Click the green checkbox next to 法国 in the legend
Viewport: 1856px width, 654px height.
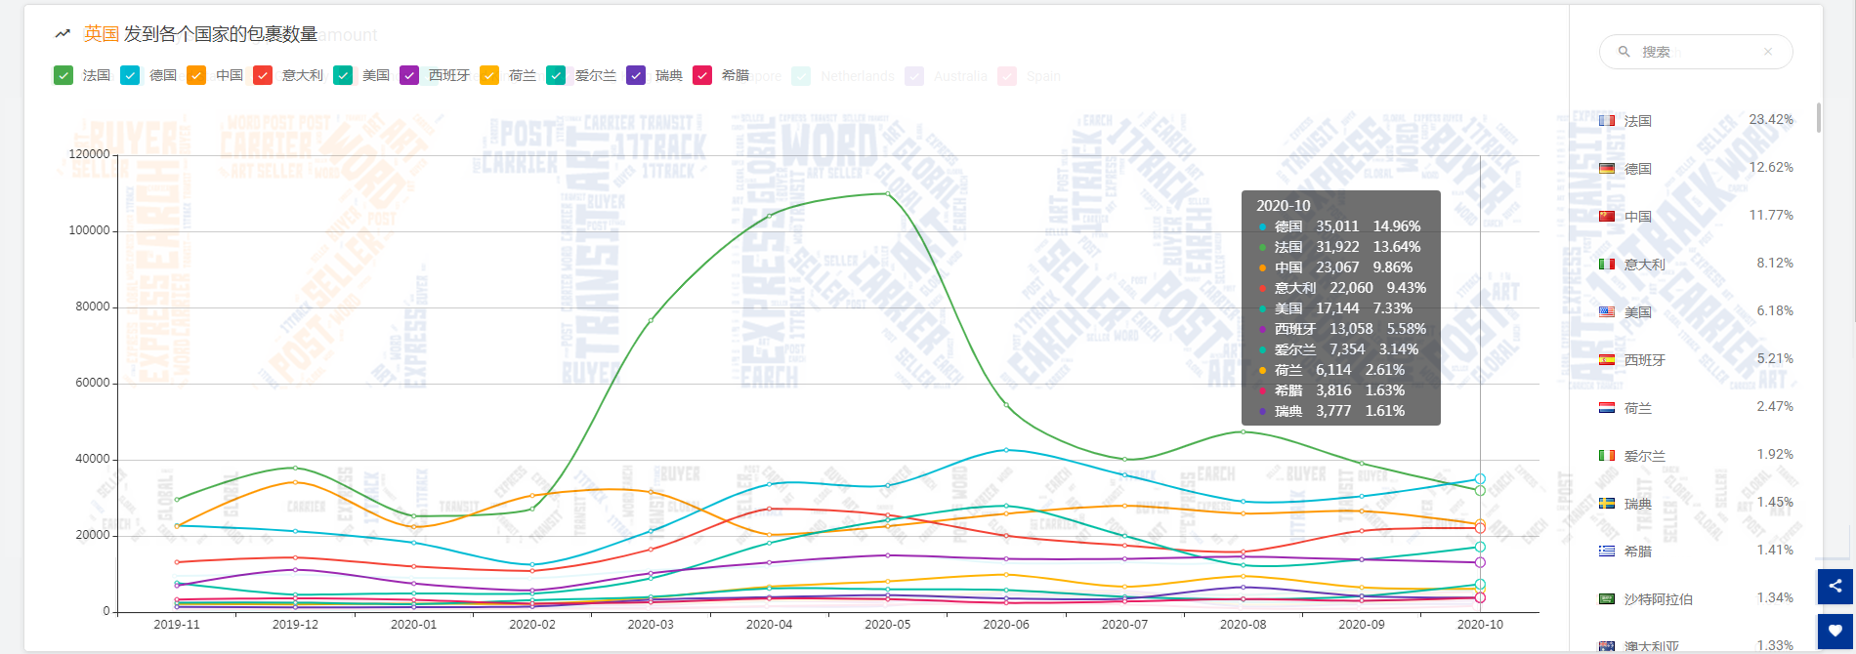click(x=63, y=75)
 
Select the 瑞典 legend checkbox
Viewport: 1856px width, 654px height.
click(x=636, y=75)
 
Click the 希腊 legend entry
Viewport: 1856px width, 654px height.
click(x=735, y=75)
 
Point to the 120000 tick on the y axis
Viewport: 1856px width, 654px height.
click(x=89, y=154)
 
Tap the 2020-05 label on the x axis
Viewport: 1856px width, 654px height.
click(x=887, y=625)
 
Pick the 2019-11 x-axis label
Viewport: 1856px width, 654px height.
click(x=177, y=625)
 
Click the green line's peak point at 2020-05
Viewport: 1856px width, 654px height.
click(x=888, y=193)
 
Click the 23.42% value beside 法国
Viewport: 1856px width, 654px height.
click(x=1771, y=119)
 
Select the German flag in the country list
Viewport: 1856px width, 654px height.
click(x=1607, y=169)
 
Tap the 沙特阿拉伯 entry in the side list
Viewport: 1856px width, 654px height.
click(x=1658, y=599)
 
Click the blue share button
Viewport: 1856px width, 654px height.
click(x=1835, y=586)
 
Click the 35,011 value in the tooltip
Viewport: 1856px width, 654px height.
click(x=1337, y=226)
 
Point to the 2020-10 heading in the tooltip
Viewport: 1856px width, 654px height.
click(x=1284, y=206)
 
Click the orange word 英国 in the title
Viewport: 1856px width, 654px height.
click(x=102, y=34)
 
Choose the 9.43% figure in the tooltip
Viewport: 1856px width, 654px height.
click(x=1407, y=288)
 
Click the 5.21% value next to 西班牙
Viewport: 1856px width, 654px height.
click(x=1775, y=358)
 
